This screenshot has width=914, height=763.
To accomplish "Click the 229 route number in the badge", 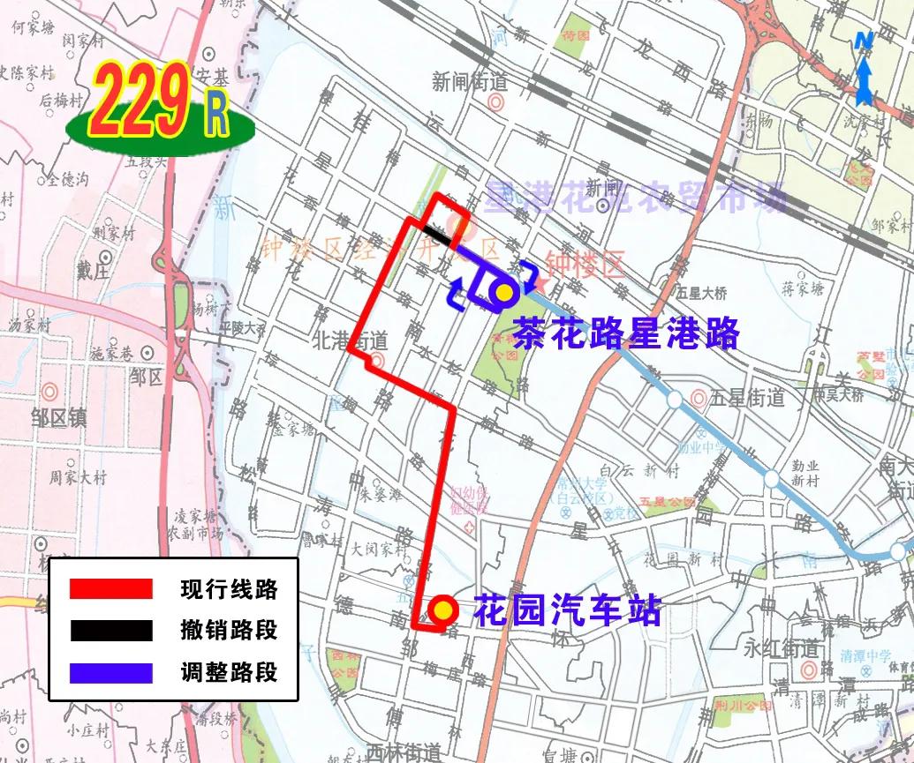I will [139, 104].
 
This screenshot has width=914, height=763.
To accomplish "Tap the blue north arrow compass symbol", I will [864, 66].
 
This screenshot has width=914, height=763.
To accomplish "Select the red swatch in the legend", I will [111, 588].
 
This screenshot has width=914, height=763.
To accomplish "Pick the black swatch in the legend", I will [111, 630].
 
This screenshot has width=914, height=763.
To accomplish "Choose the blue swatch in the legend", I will [111, 672].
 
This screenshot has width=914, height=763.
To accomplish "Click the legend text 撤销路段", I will [228, 630].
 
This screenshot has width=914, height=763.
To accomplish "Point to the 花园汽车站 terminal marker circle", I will [442, 610].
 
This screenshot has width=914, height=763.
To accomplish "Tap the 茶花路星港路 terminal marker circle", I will [503, 292].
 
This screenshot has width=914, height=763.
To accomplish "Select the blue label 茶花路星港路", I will [626, 332].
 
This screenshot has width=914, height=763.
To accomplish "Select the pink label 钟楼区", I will [584, 262].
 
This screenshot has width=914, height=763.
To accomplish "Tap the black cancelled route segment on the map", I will [438, 234].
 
